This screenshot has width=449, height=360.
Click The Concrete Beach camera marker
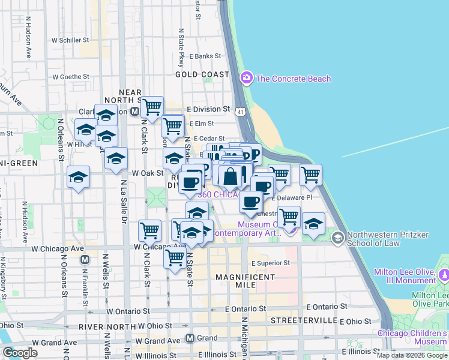tap(246, 78)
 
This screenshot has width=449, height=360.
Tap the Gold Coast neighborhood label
tap(202, 74)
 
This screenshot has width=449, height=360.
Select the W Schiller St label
tap(70, 40)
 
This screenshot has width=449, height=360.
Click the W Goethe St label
tap(71, 77)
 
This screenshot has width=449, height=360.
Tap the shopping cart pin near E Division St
tap(152, 107)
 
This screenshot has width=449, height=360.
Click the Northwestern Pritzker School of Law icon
tap(337, 238)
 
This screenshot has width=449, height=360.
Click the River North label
tap(104, 326)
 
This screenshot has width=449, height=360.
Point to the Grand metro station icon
tap(191, 338)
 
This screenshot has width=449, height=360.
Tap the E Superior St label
tap(270, 263)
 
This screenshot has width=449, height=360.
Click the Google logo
tap(20, 353)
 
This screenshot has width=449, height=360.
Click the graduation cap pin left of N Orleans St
tap(78, 177)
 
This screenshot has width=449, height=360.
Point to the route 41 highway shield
tap(240, 112)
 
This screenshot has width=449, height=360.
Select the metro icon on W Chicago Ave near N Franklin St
tap(85, 260)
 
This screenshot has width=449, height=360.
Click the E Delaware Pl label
tap(292, 197)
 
